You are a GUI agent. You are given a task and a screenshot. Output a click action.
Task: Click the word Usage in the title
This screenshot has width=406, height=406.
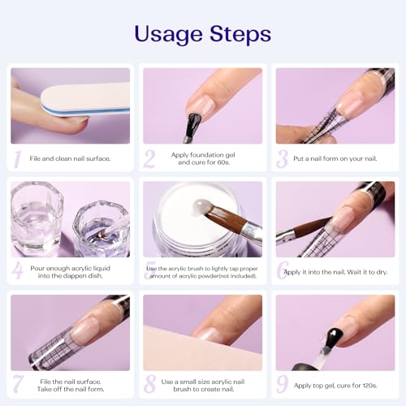point(168,35)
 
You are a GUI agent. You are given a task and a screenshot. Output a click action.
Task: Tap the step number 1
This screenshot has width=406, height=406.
point(18,159)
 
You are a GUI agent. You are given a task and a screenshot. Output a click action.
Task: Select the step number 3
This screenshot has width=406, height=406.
point(283,159)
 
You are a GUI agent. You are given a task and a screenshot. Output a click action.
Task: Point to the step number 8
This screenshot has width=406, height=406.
point(149,384)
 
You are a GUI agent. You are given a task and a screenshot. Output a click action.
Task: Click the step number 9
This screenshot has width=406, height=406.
point(283,384)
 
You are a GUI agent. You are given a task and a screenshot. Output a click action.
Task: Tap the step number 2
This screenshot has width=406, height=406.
point(149,159)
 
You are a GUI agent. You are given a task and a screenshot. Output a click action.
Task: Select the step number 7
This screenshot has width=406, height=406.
point(18,384)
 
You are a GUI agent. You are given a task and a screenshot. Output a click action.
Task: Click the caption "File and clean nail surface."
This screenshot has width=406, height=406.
point(70,158)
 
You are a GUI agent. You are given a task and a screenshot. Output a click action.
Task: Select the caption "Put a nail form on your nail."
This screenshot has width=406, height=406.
point(335,158)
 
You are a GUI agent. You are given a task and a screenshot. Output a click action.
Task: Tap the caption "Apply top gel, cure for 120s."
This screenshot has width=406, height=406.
point(335,386)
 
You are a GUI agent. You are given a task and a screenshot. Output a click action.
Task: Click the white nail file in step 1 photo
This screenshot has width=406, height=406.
point(85,100)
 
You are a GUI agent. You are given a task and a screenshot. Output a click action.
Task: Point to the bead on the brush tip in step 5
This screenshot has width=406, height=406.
point(201,206)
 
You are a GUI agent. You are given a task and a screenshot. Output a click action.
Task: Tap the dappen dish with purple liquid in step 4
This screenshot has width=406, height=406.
point(101,229)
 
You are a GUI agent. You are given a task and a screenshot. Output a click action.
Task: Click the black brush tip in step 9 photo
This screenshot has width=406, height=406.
point(333,338)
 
